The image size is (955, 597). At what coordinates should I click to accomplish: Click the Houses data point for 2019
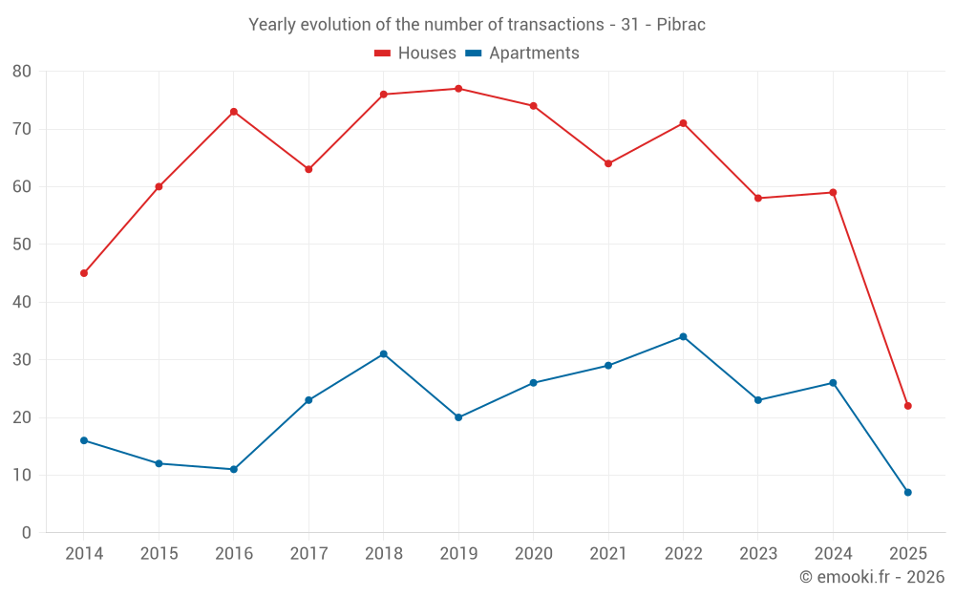click(x=458, y=89)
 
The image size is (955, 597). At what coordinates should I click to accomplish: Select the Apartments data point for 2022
click(x=683, y=336)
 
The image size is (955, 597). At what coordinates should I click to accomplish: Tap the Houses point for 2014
click(x=84, y=273)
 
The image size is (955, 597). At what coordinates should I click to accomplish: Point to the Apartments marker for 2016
click(x=234, y=469)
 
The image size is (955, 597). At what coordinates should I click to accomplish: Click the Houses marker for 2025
click(x=907, y=406)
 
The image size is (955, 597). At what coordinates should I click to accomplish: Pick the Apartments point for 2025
click(x=907, y=492)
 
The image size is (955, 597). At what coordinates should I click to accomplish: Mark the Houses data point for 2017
click(x=308, y=169)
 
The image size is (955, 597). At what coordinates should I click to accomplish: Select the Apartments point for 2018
click(x=384, y=354)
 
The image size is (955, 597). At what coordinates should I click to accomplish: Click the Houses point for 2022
click(x=683, y=123)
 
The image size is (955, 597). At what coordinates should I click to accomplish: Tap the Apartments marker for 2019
click(x=458, y=417)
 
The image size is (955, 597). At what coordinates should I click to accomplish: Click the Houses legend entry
click(x=415, y=53)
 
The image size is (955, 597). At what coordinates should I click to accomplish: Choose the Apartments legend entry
click(x=522, y=53)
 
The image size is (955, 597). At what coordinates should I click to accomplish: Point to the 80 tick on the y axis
click(x=22, y=72)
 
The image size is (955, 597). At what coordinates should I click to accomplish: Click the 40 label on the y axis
click(x=22, y=302)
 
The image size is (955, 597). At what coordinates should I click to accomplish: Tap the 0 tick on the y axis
click(x=27, y=533)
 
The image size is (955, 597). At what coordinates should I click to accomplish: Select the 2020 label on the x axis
click(x=533, y=554)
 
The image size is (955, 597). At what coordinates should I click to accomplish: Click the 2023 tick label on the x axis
click(x=758, y=554)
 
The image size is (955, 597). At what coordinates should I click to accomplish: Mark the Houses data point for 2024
click(x=833, y=192)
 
